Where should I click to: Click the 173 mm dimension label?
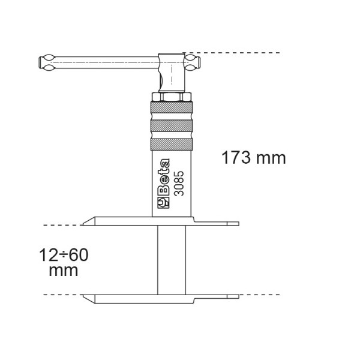(x=254, y=158)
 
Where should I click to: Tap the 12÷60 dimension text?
(x=64, y=255)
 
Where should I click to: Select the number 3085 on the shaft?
(x=179, y=183)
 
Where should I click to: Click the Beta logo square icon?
(x=163, y=203)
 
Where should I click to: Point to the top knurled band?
(x=172, y=107)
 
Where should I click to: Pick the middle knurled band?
(x=172, y=126)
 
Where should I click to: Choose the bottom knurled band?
(x=172, y=145)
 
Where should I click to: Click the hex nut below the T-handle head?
(x=172, y=97)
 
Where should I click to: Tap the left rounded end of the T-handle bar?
(x=47, y=62)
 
